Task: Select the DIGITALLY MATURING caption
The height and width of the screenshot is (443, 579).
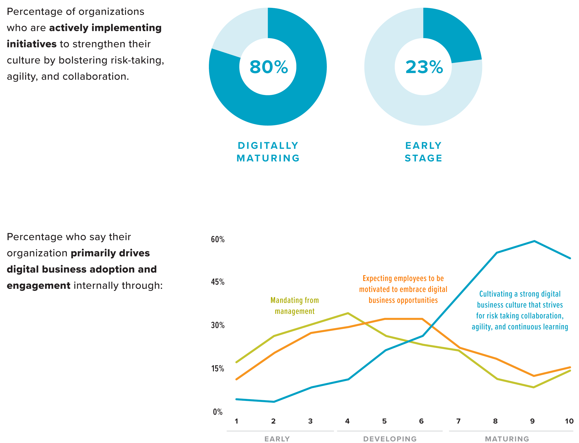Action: click(x=268, y=152)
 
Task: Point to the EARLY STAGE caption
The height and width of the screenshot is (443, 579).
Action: click(x=423, y=152)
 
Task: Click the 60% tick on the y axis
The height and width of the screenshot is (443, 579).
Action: click(x=217, y=239)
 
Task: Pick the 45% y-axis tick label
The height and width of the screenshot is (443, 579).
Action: click(x=217, y=282)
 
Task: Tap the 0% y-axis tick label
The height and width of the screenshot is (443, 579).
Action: click(x=217, y=412)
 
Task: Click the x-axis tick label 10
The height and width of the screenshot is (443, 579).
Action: click(x=569, y=421)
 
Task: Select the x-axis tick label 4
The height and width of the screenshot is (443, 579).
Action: click(x=347, y=421)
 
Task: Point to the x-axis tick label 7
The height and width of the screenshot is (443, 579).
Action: click(x=458, y=421)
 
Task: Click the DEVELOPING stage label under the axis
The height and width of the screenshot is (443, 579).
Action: click(x=390, y=439)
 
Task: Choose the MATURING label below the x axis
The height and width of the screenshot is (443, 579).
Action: click(x=507, y=439)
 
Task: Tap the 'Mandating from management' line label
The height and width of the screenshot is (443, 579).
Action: click(x=294, y=306)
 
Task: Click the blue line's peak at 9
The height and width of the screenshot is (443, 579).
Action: click(x=534, y=241)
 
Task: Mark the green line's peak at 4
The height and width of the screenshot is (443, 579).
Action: click(x=348, y=313)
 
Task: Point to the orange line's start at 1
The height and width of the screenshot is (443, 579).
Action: click(x=236, y=379)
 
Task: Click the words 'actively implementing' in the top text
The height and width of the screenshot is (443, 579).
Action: click(x=105, y=28)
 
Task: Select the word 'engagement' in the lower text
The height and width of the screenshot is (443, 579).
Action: click(x=39, y=286)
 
